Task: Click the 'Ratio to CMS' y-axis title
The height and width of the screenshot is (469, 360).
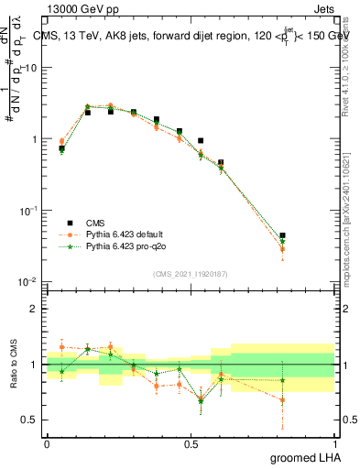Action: coord(14,364)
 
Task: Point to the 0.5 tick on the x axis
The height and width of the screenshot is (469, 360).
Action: coord(191,443)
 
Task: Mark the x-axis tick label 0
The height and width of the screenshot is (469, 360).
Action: coord(47,443)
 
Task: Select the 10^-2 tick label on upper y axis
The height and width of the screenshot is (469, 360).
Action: coord(28,281)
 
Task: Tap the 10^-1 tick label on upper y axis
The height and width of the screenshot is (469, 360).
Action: coord(28,210)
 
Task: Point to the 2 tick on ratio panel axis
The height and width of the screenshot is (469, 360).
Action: coord(34,309)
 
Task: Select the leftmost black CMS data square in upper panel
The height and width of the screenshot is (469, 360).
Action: coord(61,148)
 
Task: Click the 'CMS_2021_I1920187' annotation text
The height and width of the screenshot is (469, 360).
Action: coord(190,273)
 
